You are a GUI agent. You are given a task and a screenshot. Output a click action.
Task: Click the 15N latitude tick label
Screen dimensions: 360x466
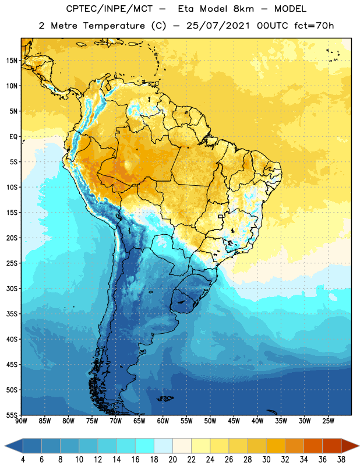(x=12, y=61)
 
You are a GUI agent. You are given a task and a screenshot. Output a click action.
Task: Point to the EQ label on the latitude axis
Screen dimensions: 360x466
(x=13, y=137)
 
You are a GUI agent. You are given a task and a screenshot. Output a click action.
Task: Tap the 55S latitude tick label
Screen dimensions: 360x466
(x=12, y=415)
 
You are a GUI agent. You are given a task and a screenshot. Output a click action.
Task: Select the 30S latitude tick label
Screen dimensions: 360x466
(x=12, y=288)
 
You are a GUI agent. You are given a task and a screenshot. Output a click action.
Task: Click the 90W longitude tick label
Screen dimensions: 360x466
(x=21, y=421)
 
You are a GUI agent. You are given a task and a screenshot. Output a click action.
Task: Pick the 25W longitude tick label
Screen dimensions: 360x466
(x=328, y=421)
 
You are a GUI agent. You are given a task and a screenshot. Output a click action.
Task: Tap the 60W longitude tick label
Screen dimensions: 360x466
(x=163, y=421)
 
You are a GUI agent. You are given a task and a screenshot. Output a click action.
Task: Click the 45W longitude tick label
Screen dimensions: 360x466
(x=234, y=421)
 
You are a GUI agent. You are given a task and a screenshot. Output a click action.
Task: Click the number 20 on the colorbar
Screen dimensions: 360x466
(x=172, y=460)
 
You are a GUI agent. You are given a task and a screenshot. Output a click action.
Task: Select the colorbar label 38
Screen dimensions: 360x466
(x=341, y=460)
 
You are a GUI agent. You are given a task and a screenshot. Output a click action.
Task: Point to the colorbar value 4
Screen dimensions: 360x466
(x=23, y=460)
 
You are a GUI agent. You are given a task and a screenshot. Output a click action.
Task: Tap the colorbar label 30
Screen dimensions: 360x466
(x=266, y=460)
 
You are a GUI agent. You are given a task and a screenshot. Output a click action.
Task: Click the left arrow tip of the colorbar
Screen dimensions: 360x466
(x=5, y=446)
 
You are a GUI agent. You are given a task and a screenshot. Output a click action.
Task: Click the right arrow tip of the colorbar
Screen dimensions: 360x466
(x=359, y=446)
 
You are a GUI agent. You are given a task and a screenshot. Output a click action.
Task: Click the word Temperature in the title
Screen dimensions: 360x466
(x=114, y=26)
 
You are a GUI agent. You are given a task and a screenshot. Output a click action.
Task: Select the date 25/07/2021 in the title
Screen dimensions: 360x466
(x=218, y=26)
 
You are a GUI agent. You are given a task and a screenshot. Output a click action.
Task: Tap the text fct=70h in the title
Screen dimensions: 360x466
(x=314, y=26)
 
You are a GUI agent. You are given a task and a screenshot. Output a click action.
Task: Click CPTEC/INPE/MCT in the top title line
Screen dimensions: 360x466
(x=110, y=9)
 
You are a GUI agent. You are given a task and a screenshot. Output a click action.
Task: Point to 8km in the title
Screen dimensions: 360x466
(x=243, y=9)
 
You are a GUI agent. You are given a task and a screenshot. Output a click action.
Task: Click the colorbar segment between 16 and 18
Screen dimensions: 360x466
(x=145, y=446)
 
